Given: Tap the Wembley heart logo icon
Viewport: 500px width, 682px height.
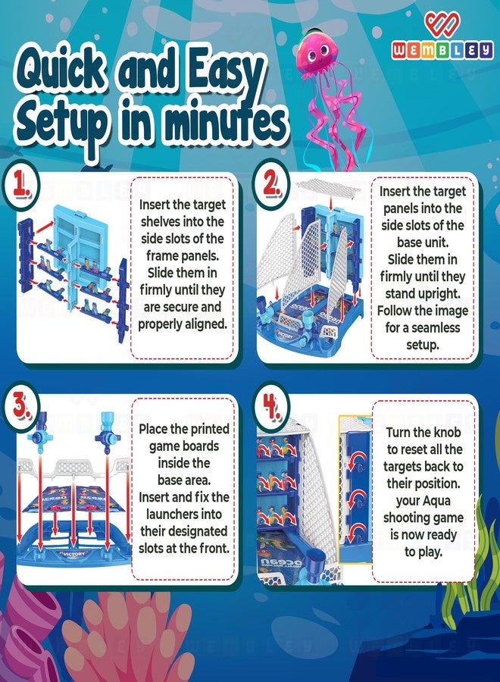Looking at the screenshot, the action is (442, 24).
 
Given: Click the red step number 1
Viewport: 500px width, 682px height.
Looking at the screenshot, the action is (20, 185).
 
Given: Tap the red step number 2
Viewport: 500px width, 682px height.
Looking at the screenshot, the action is (272, 183).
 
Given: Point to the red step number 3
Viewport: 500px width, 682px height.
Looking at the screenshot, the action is (20, 406).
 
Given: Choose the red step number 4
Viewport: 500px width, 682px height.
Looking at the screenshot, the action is (271, 407).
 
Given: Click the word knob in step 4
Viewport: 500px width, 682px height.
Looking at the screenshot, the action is (447, 432).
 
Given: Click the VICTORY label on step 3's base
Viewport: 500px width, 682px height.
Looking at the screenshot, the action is (74, 554).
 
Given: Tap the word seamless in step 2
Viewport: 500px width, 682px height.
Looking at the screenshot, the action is (436, 327).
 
